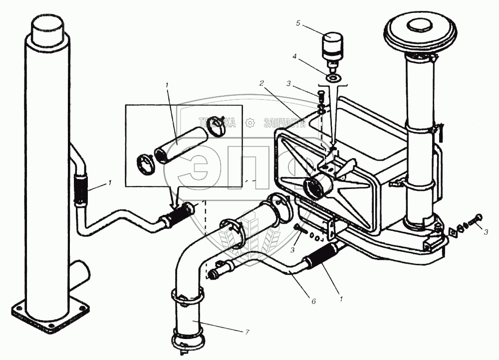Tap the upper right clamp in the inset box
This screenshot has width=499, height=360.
pyautogui.click(x=216, y=125)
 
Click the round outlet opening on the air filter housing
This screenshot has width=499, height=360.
pyautogui.click(x=316, y=186)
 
